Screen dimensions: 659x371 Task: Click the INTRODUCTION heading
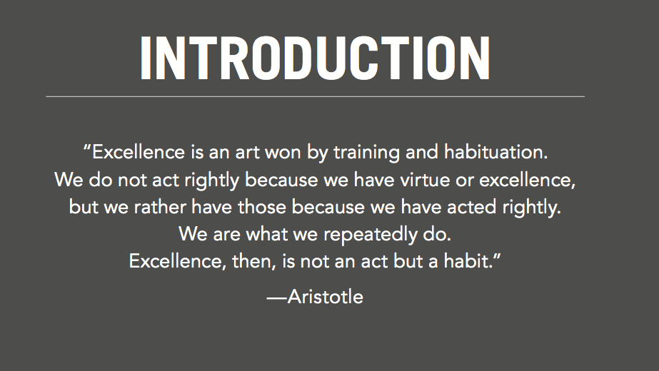coord(315,58)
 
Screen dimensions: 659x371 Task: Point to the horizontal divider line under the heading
coord(315,96)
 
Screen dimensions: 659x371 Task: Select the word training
coord(366,153)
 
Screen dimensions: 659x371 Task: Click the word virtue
coord(425,180)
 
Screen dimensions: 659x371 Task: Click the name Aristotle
coord(326,297)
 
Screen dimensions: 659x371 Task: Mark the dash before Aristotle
coord(277,298)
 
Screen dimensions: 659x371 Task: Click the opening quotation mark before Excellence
coord(87,148)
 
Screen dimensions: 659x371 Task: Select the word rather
coord(160,207)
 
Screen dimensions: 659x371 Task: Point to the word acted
coord(471,207)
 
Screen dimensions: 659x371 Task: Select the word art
coord(247,153)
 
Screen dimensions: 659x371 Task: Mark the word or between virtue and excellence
coord(464,181)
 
